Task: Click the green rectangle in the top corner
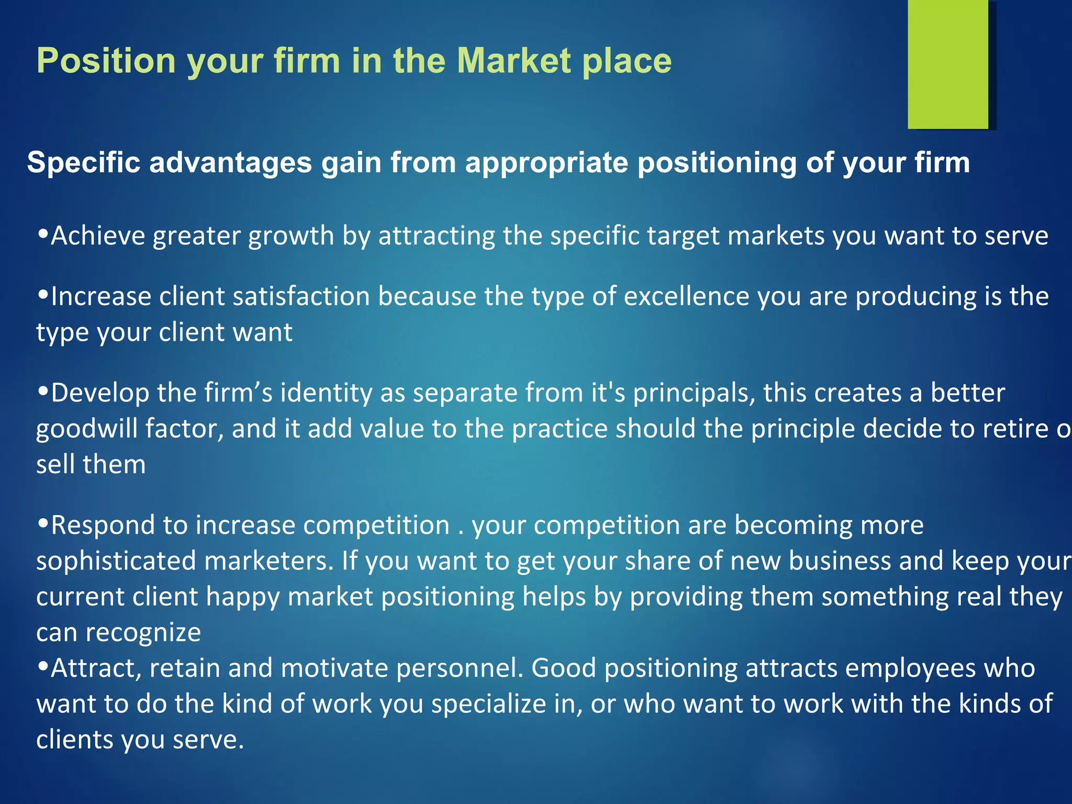point(948,64)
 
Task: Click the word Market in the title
point(514,61)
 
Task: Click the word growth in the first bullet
point(291,236)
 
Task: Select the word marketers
point(269,561)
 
